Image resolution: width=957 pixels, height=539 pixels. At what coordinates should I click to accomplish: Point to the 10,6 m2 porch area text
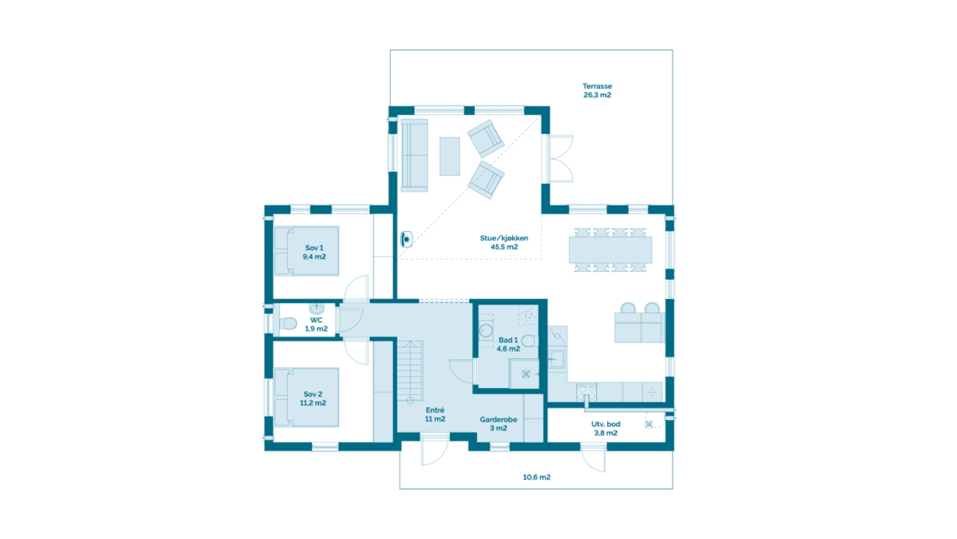click(536, 477)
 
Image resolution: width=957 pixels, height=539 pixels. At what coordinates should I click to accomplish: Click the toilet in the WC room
click(288, 323)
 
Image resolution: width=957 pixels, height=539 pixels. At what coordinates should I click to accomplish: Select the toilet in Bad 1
click(529, 341)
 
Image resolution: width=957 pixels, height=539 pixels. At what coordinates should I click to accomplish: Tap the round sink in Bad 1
click(486, 331)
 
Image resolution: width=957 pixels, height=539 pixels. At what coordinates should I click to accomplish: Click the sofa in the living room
click(414, 155)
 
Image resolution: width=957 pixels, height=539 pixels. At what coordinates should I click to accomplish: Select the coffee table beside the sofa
click(450, 156)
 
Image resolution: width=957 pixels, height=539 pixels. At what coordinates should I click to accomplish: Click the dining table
click(610, 250)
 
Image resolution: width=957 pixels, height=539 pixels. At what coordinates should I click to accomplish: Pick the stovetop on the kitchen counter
click(586, 391)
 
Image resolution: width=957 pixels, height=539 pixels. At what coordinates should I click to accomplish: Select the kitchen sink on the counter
click(557, 359)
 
